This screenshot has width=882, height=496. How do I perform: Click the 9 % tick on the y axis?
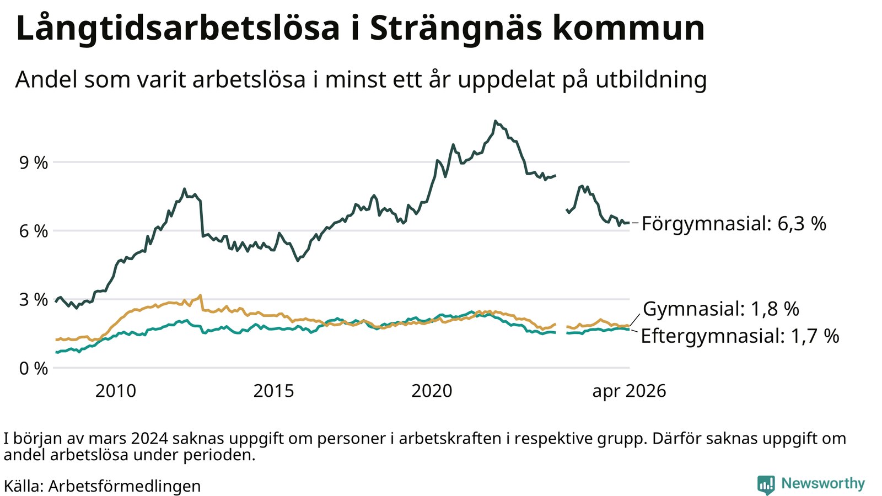(x=34, y=163)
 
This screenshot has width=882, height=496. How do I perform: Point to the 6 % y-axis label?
(x=34, y=231)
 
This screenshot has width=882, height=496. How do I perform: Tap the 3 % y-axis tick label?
(x=34, y=300)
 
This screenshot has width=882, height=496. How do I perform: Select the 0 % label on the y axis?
(x=34, y=369)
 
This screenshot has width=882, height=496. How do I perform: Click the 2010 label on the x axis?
(x=116, y=391)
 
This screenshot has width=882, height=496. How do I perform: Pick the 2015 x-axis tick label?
(x=273, y=391)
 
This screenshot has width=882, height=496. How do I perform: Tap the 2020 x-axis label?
(x=432, y=391)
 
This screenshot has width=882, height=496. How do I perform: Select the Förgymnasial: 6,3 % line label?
(x=734, y=224)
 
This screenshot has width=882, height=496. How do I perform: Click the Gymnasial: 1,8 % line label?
(x=722, y=309)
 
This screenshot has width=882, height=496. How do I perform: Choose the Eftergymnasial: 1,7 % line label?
(x=740, y=337)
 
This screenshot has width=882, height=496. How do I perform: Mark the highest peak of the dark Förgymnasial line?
(x=495, y=121)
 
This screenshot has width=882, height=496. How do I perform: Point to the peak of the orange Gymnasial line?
(x=201, y=295)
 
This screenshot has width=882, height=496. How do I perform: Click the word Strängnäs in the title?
(x=456, y=29)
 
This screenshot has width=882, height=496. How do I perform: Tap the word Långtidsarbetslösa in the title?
(x=178, y=29)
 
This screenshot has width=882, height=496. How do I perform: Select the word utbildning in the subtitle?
(x=651, y=80)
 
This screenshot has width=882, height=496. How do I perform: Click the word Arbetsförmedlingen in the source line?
(x=125, y=487)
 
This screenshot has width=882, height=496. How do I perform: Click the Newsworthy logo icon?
(x=766, y=484)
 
